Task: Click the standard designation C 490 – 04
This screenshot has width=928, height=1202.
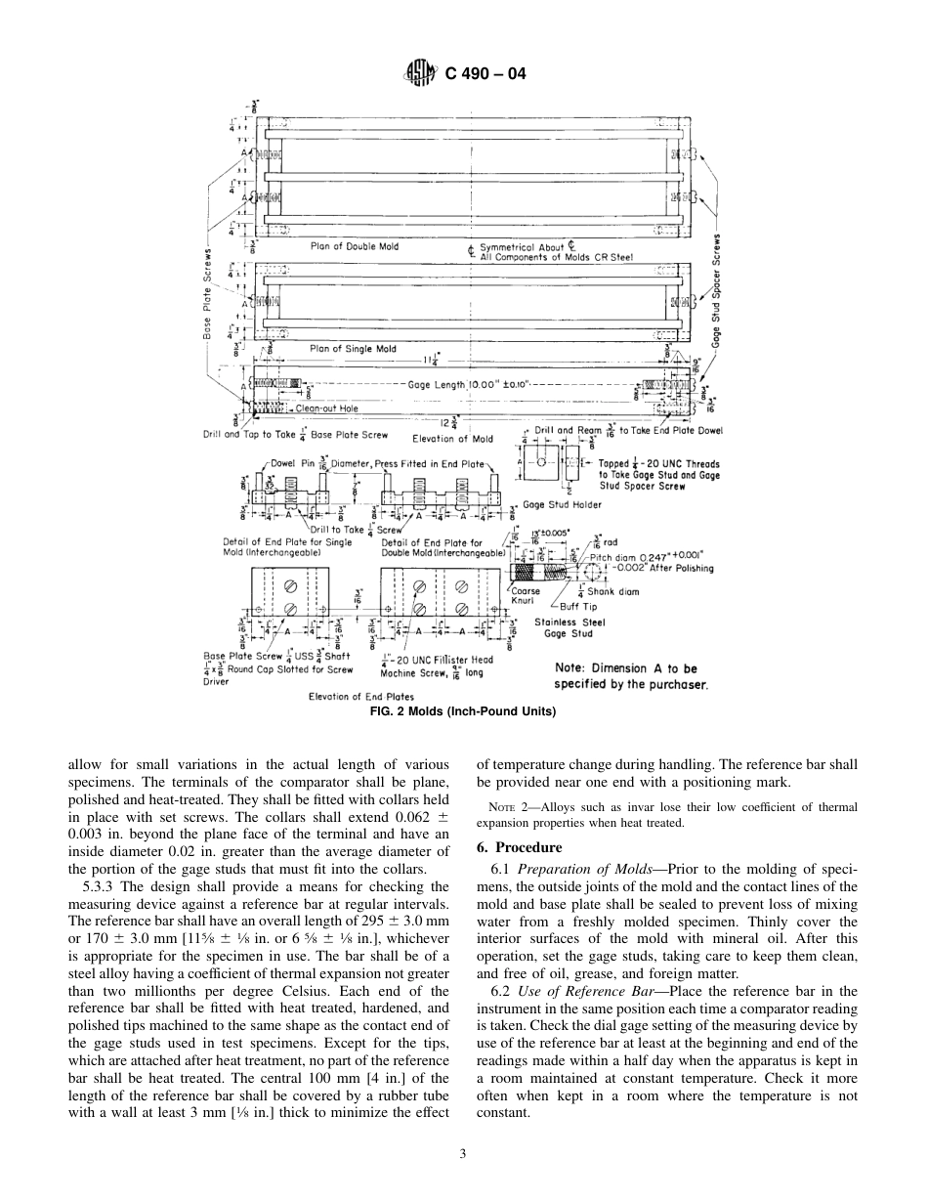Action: (x=485, y=72)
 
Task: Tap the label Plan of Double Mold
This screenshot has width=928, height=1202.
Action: (x=355, y=246)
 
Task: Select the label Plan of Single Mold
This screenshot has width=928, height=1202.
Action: (x=353, y=348)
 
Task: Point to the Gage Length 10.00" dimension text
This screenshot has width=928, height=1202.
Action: (x=469, y=384)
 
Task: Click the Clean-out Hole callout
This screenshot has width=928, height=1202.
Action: (x=326, y=408)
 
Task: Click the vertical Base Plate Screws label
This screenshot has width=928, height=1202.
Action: (x=208, y=292)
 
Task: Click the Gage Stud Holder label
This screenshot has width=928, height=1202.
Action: (x=563, y=505)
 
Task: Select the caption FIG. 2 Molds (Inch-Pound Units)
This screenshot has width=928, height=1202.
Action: (x=463, y=711)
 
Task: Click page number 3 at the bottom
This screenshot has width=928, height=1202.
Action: (x=463, y=1154)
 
